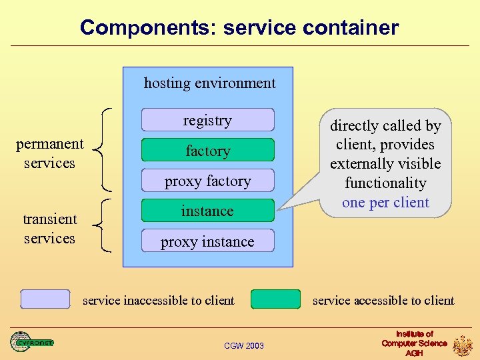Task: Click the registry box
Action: coord(207,120)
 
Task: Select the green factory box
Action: coord(207,151)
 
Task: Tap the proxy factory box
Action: coord(207,181)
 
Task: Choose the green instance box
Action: coord(207,211)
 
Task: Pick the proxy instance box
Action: coord(207,241)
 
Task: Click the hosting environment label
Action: coord(209,83)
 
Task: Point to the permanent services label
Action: coord(50,153)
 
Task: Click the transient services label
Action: coord(50,229)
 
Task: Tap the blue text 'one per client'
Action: coord(385,203)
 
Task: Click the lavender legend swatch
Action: coord(45,299)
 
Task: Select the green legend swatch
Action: coord(275,299)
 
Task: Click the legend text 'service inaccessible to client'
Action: coord(159,301)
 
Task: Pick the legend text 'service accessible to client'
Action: coord(383,301)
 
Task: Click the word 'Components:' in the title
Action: coord(149,28)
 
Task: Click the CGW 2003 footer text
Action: coord(244,345)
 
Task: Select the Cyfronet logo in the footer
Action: coord(31,342)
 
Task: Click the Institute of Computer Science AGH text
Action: coord(414,343)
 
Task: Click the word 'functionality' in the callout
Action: coord(385,183)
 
